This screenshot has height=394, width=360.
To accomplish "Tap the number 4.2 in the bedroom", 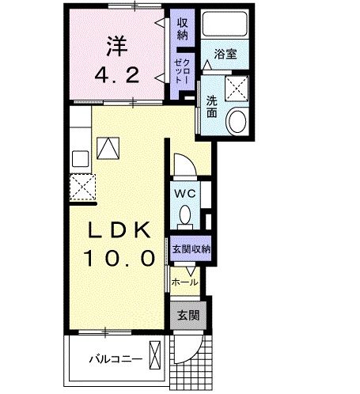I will [x=118, y=76].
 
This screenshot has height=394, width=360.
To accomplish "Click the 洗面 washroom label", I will [x=212, y=106].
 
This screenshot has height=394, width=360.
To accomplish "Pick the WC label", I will [x=184, y=192].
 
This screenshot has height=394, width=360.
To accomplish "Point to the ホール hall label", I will [x=184, y=282].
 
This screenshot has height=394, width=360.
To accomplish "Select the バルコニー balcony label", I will [x=116, y=359].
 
